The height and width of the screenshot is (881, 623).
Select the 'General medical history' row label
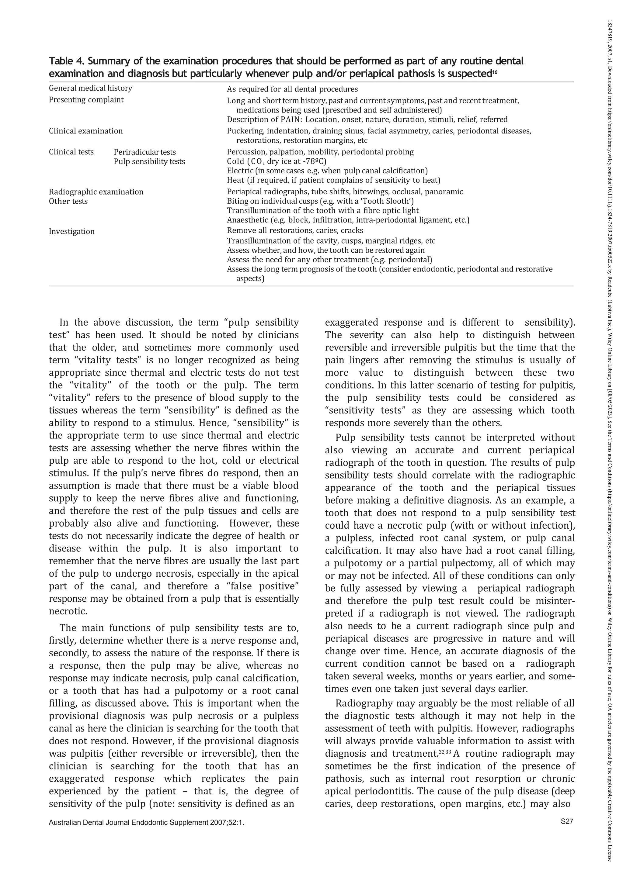(90, 88)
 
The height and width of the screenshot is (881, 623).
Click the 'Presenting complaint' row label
(86, 100)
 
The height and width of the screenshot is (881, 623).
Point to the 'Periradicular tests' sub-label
(145, 152)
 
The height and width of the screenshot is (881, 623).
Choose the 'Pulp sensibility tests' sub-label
(149, 161)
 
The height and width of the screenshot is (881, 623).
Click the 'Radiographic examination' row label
(96, 192)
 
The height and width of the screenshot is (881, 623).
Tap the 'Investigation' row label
(71, 231)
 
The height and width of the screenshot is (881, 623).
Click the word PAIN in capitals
(291, 120)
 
